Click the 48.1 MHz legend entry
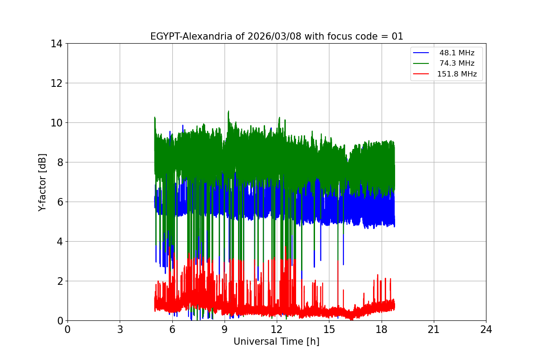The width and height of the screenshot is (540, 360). click(x=457, y=53)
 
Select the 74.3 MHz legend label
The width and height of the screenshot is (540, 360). click(x=457, y=63)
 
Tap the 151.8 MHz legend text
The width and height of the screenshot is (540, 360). click(x=457, y=74)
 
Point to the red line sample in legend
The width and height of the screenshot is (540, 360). click(x=422, y=74)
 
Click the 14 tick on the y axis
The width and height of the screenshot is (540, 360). click(x=56, y=44)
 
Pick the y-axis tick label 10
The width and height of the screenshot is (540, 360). click(x=56, y=123)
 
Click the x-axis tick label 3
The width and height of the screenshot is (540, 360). click(x=120, y=330)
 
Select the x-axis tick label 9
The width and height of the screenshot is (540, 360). click(x=225, y=330)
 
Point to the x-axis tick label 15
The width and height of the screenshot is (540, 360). click(x=329, y=330)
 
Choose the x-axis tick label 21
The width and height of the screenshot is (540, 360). click(x=434, y=330)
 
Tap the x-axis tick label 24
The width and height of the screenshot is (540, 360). click(x=486, y=330)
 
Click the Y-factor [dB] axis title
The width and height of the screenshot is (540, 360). click(x=42, y=182)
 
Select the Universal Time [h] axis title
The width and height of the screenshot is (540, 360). click(x=276, y=342)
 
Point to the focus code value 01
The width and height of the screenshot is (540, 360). click(x=397, y=36)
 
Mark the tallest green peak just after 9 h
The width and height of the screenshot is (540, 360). click(x=228, y=111)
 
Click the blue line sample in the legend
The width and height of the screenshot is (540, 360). click(x=422, y=53)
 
